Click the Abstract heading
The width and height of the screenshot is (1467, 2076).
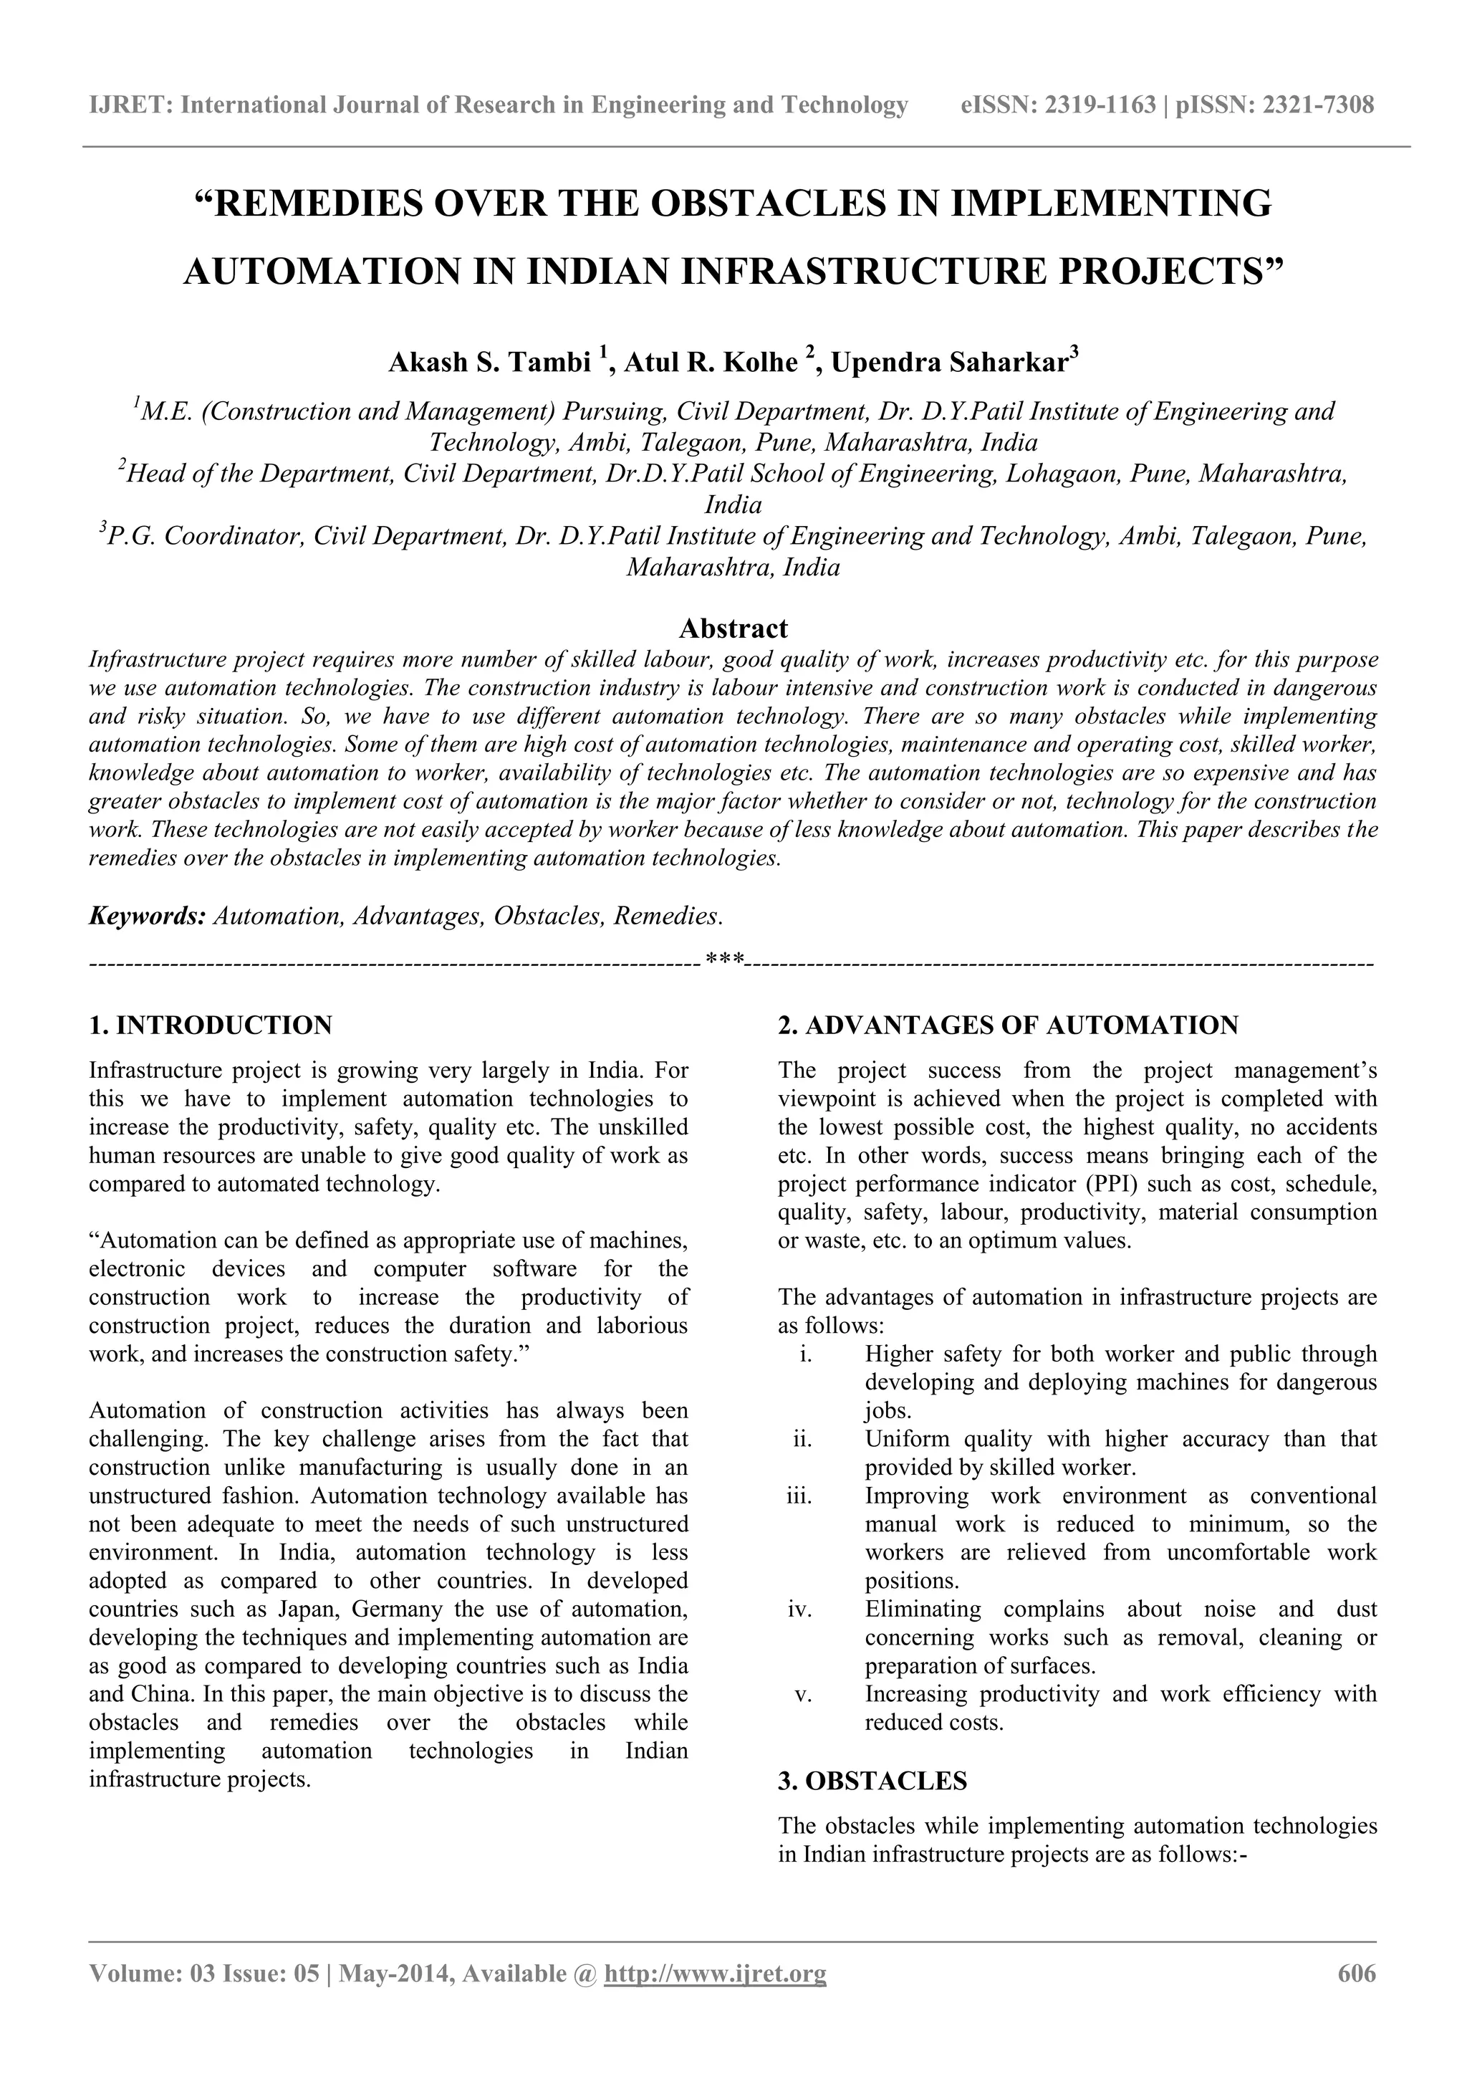coord(732,628)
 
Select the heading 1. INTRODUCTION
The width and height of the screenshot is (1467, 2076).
coord(211,1025)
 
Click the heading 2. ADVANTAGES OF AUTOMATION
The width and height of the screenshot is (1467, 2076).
coord(1008,1025)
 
